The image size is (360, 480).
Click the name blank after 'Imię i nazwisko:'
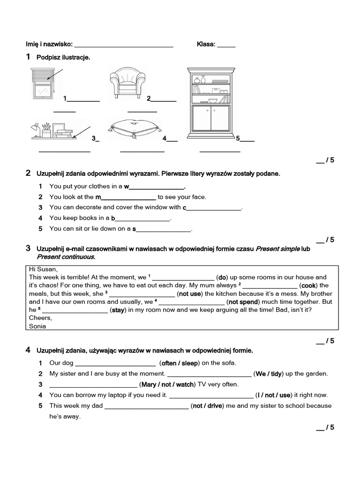[x=124, y=45]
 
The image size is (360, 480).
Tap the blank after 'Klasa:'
[x=226, y=45]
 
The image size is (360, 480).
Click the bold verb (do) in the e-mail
[x=223, y=277]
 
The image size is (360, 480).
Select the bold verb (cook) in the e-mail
[x=308, y=285]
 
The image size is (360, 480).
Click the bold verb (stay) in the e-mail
[x=117, y=310]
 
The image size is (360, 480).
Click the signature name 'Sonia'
[x=37, y=326]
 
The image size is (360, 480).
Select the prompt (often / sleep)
[x=180, y=363]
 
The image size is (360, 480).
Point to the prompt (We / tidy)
[x=269, y=374]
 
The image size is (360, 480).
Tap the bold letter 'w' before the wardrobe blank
[x=126, y=186]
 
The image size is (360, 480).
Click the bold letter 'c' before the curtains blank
[x=184, y=207]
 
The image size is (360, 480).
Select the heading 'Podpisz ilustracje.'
[x=63, y=57]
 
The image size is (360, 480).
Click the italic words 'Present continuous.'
[x=66, y=257]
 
